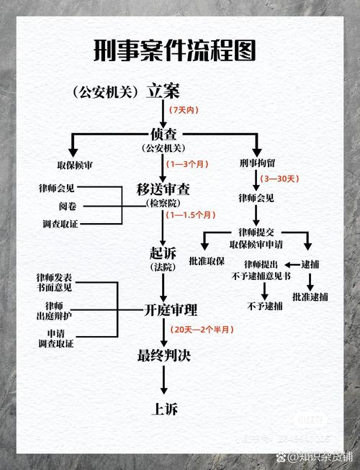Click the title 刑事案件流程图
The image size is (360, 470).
pyautogui.click(x=177, y=53)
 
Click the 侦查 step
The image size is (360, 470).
pyautogui.click(x=164, y=134)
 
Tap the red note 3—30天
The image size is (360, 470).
pyautogui.click(x=280, y=178)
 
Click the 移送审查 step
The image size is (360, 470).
pyautogui.click(x=164, y=190)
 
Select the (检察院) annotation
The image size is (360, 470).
pyautogui.click(x=164, y=204)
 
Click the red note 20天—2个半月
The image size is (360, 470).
pyautogui.click(x=203, y=329)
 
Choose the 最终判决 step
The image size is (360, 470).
pyautogui.click(x=164, y=355)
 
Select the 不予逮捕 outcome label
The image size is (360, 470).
pyautogui.click(x=265, y=305)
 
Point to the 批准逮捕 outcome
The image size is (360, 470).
pyautogui.click(x=310, y=296)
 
